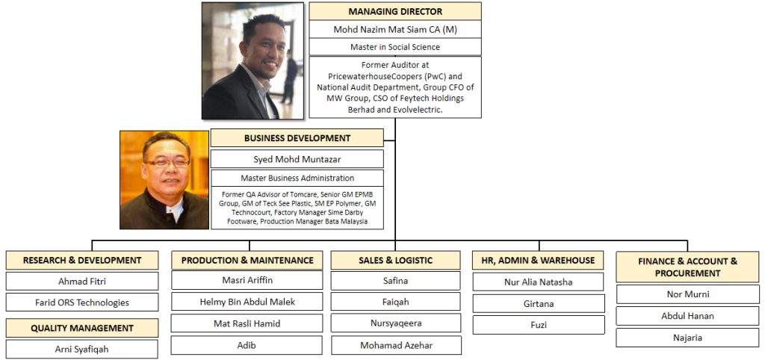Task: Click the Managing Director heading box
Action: [x=395, y=11]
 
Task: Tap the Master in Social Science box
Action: [x=395, y=47]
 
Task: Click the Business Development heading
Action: [x=297, y=138]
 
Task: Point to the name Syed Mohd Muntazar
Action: [x=297, y=159]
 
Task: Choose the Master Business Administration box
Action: [x=297, y=178]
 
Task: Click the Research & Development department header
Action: [x=82, y=260]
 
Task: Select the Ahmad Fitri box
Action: [x=82, y=281]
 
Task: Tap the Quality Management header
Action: [x=82, y=328]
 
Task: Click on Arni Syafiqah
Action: [x=82, y=349]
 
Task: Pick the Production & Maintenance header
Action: [x=247, y=260]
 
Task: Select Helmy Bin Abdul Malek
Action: [x=247, y=302]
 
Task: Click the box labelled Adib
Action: [x=247, y=345]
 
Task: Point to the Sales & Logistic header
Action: [x=396, y=260]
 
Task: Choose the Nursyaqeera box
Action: [x=396, y=323]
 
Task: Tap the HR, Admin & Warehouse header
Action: [x=538, y=260]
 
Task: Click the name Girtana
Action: [x=539, y=303]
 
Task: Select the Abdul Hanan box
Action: [x=687, y=316]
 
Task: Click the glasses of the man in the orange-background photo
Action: [x=167, y=162]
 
